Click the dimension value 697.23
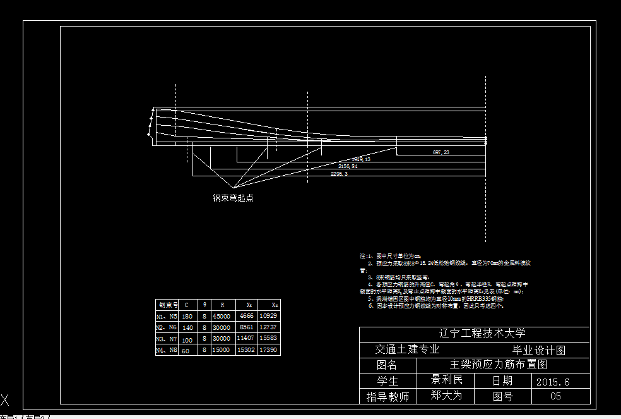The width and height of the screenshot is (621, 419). [441, 153]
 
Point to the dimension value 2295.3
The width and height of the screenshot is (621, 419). [339, 174]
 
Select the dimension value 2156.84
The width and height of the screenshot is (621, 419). [348, 166]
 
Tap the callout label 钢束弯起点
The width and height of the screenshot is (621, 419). [233, 198]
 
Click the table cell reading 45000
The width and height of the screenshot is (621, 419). [222, 315]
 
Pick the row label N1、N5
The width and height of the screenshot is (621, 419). [167, 315]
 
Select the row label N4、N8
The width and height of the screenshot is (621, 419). [167, 349]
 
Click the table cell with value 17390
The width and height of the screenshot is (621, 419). [268, 349]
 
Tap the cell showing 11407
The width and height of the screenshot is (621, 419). [245, 338]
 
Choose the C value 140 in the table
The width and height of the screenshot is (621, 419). [187, 327]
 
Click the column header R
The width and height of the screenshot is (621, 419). [222, 305]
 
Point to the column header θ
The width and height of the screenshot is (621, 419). [204, 305]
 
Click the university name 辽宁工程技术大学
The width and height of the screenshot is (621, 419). [482, 334]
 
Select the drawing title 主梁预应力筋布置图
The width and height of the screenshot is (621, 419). [498, 365]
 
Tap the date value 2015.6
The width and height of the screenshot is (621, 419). [553, 382]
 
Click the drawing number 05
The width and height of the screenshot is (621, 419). [555, 397]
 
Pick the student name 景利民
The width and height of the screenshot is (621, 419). [447, 380]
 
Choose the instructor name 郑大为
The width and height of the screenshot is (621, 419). [447, 396]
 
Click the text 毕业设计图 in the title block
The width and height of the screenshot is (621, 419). [539, 350]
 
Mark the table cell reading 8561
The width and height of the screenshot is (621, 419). [245, 327]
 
